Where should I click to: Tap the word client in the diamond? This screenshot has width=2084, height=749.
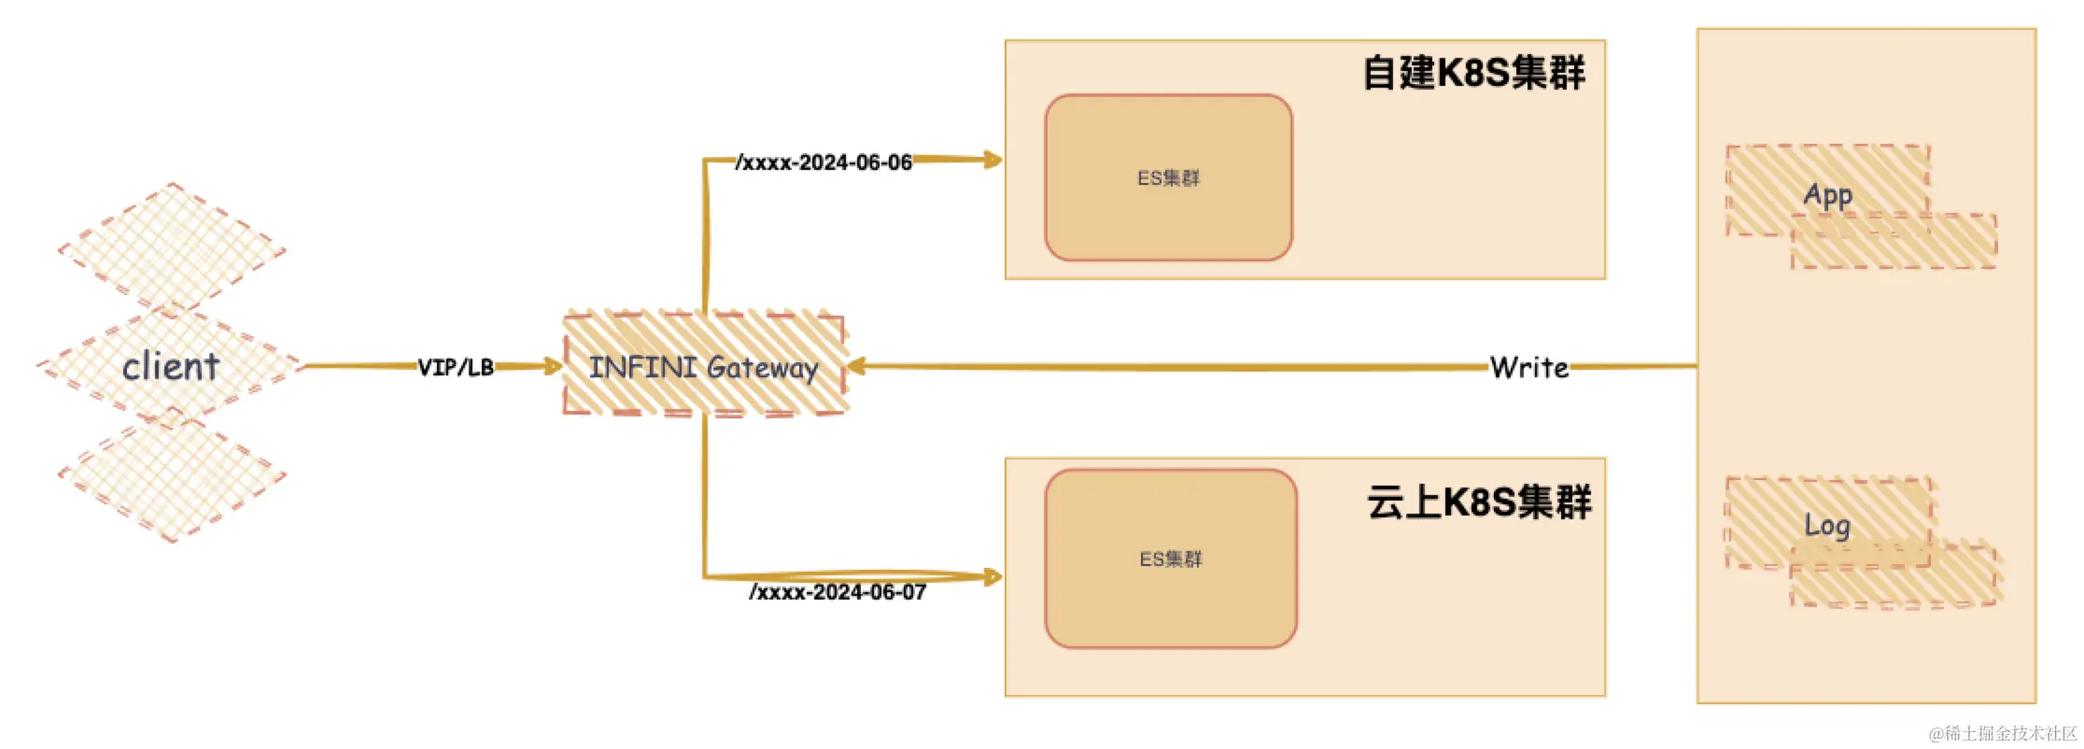171,366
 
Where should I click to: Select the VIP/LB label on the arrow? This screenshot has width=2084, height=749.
456,367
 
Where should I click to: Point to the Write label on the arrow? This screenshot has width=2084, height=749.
1528,367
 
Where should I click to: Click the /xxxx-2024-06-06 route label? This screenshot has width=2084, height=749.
824,163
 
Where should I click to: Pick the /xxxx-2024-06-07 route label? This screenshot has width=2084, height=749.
838,592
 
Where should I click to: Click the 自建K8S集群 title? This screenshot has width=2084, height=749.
1473,73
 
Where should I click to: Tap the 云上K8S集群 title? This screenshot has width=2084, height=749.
1479,502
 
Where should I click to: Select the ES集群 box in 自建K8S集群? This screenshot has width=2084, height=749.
1168,177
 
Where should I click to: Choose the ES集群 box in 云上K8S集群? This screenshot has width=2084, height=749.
1171,558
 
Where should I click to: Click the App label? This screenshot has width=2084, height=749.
1827,194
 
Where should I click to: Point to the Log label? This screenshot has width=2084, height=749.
1827,525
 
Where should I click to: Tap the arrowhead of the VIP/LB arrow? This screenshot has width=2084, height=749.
553,366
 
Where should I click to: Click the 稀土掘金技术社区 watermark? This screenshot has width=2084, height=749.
2003,733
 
